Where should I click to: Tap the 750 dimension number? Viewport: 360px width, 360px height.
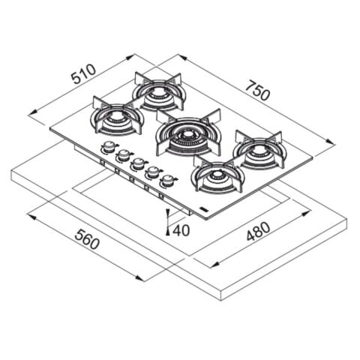point(257,92)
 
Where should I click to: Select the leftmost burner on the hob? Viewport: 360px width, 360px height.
point(116,118)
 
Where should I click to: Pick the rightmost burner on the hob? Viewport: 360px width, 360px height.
point(259,151)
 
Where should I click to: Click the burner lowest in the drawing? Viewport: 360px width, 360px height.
point(217,176)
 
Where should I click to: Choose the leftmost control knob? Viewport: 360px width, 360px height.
point(109,147)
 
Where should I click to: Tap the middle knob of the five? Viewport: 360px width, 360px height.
point(138,163)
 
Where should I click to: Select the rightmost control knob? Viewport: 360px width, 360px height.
point(169,180)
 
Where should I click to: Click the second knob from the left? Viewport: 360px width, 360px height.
point(123,154)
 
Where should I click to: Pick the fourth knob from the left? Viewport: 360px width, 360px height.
point(153,172)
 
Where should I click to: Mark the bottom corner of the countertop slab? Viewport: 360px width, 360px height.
point(220,299)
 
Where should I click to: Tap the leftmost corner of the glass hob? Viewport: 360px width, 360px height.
point(51,128)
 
